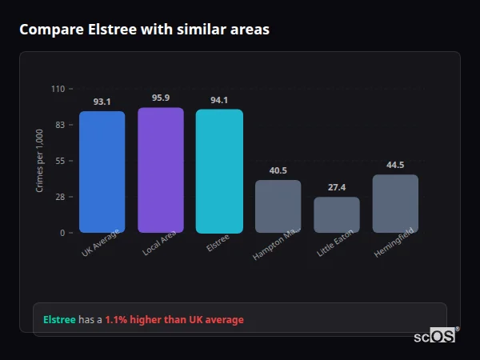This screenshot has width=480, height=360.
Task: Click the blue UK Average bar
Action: tap(102, 171)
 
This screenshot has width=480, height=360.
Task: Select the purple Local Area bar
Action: tap(161, 170)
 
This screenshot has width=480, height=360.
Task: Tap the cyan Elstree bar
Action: tap(219, 170)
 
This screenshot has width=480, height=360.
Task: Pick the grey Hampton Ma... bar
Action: tap(278, 206)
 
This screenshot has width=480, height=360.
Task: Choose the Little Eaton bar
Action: tap(337, 214)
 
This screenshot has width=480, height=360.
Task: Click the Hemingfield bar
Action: tap(395, 203)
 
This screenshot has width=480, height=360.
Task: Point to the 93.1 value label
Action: tap(102, 102)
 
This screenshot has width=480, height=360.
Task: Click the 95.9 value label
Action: tap(161, 98)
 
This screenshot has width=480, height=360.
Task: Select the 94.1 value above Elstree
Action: tap(219, 100)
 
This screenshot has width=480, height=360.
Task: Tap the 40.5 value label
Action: tap(278, 170)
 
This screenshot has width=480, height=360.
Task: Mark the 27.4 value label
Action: tap(337, 187)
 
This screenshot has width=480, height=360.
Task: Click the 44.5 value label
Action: tap(395, 165)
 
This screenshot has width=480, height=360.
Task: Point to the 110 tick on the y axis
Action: tap(58, 89)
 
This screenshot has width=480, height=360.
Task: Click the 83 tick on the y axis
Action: tap(60, 125)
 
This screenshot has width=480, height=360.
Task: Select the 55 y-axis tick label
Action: tap(60, 161)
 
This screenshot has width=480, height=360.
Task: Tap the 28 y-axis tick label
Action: tap(60, 197)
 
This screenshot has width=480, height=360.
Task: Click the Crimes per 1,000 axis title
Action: tap(40, 161)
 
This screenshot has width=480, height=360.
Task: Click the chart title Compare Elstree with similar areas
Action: tap(144, 30)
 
